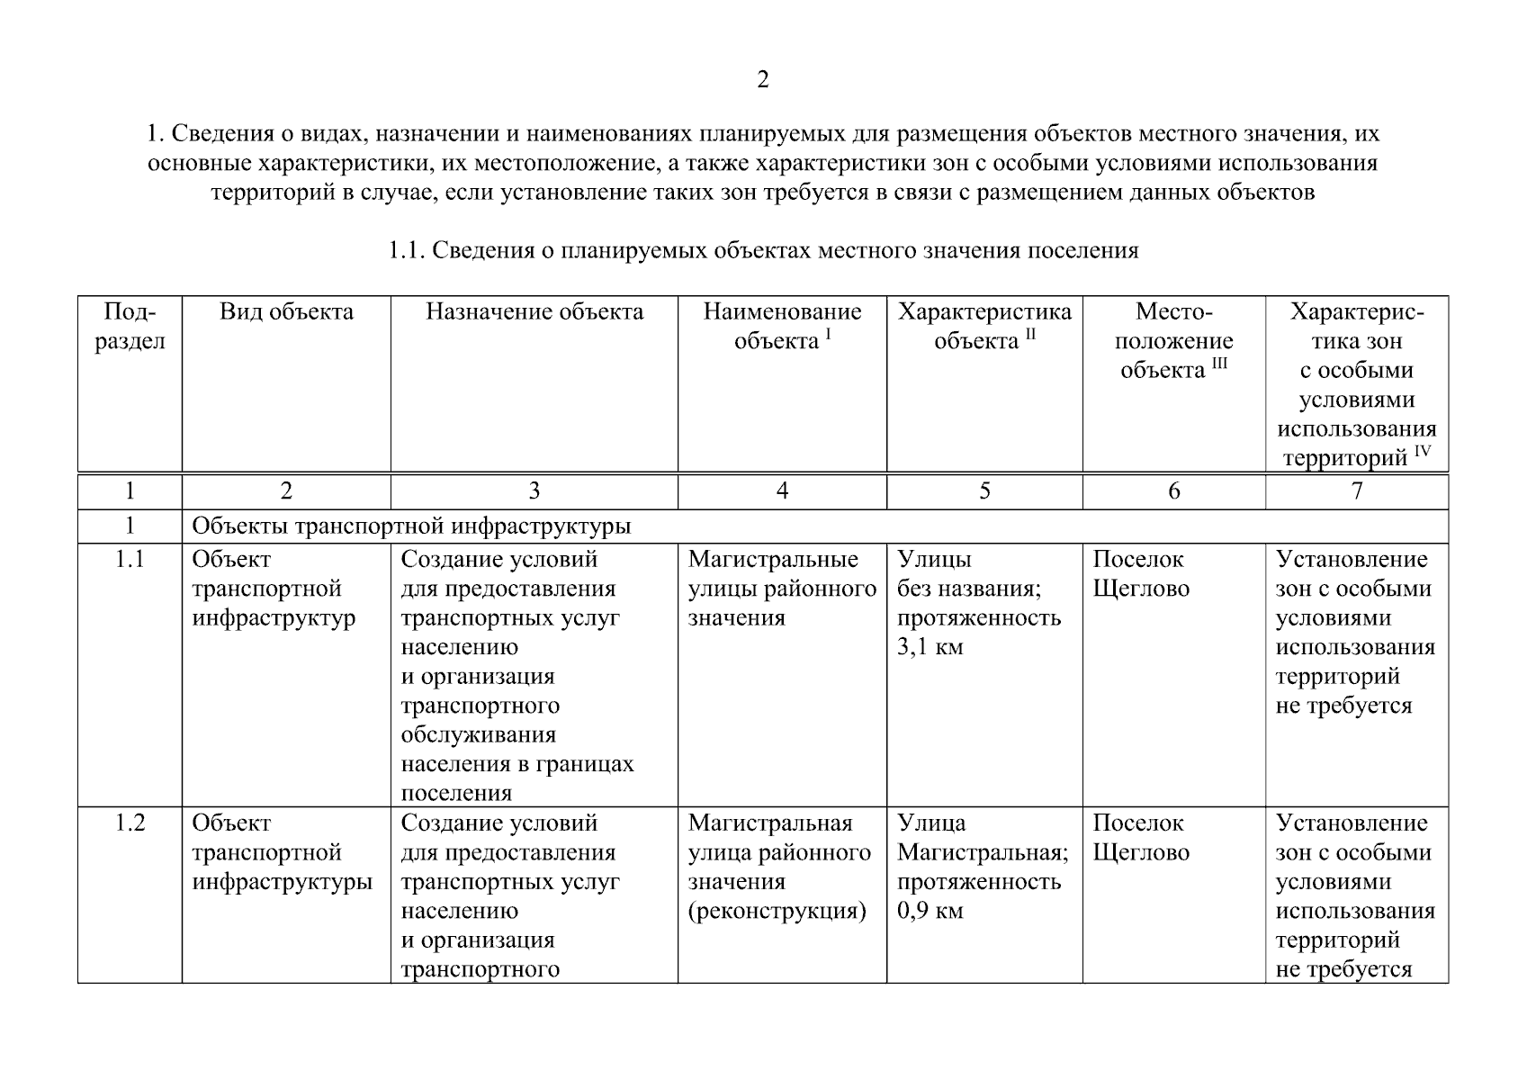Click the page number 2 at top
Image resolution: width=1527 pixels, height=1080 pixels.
pos(762,80)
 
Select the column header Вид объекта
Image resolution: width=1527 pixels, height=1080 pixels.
pos(286,312)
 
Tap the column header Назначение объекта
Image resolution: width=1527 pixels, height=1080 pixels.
pos(534,312)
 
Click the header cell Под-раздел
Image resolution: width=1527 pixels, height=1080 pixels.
pos(130,327)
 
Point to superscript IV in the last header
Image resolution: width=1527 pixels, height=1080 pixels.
pos(1422,452)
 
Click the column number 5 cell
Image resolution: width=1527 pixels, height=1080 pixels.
pos(984,490)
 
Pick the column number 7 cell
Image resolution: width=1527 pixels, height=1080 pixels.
pos(1357,490)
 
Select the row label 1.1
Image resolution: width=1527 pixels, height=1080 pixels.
pos(130,560)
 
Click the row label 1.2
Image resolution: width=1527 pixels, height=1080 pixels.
pos(130,823)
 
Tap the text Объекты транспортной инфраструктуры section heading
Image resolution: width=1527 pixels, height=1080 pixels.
pos(411,526)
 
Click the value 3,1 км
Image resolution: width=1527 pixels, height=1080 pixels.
pos(930,647)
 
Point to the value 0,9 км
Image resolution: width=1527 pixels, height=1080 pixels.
pos(930,911)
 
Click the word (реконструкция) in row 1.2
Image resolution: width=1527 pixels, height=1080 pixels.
pos(777,911)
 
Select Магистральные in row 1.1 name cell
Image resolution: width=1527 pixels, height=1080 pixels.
pos(773,560)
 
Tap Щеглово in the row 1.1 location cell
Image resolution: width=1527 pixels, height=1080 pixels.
pos(1141,589)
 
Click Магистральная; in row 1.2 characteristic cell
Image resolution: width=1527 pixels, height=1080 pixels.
pos(983,852)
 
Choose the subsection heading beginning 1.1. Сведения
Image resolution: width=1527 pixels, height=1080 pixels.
pos(762,250)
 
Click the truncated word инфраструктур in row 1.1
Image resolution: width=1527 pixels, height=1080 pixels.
pos(274,618)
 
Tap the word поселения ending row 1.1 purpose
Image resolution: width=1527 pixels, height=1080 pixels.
pos(455,794)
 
